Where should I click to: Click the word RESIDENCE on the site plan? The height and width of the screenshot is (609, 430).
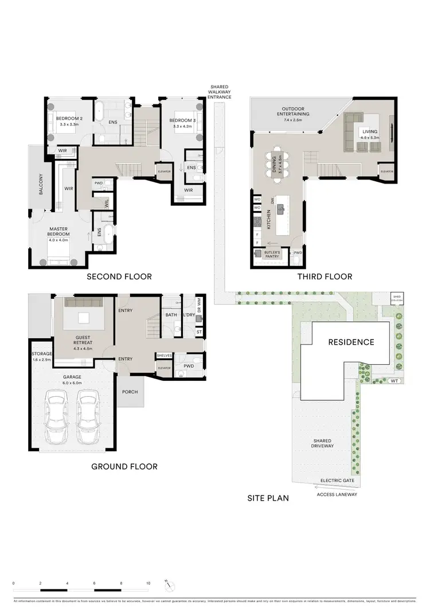(x=351, y=342)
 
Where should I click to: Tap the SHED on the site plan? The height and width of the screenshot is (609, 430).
(x=397, y=298)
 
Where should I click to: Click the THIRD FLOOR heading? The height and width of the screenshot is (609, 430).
(x=325, y=276)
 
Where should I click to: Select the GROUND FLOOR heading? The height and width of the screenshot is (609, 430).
(x=124, y=466)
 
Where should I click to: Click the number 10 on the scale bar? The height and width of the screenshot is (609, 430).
(x=148, y=583)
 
